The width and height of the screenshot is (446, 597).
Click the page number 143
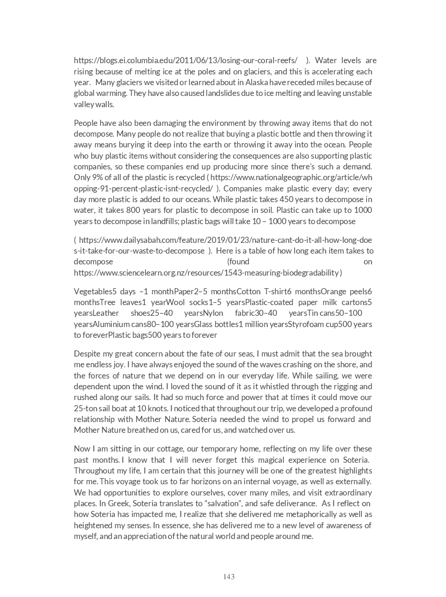(x=229, y=577)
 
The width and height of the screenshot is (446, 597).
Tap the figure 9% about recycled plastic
(x=98, y=177)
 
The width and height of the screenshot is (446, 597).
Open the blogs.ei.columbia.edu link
(x=186, y=60)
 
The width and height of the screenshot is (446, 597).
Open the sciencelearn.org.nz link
(x=206, y=272)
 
